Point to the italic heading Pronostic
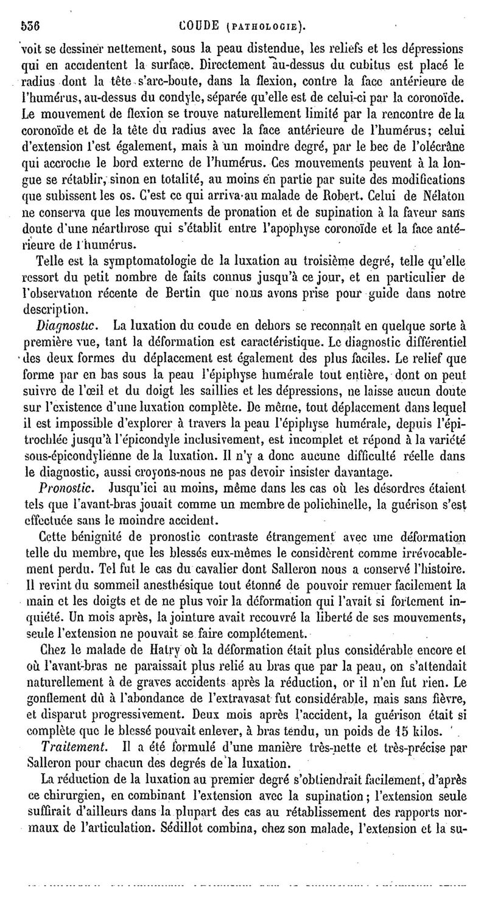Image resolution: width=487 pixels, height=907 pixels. coord(64,470)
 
